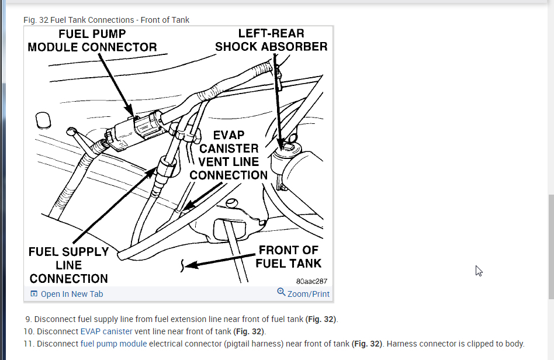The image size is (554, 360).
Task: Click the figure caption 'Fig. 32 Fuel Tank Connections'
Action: click(x=106, y=20)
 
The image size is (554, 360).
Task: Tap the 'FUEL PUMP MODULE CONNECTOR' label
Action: click(x=92, y=41)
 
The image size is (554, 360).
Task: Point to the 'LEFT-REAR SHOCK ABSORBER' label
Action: click(x=271, y=40)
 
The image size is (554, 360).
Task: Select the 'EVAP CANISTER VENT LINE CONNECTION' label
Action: click(x=228, y=155)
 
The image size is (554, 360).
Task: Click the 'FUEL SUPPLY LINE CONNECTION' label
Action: click(x=69, y=265)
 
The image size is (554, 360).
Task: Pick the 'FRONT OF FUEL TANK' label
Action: click(x=289, y=257)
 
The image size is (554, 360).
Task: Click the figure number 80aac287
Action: click(x=311, y=281)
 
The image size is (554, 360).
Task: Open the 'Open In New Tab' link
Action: click(x=71, y=294)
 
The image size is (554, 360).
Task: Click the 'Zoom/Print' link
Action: click(x=308, y=294)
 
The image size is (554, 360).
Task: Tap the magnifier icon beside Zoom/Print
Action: click(x=281, y=293)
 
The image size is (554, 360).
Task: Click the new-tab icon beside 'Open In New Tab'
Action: click(x=34, y=294)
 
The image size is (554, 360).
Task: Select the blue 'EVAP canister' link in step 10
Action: click(x=106, y=331)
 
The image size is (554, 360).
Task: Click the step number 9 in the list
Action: click(x=28, y=319)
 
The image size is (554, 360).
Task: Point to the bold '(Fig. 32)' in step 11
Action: click(x=368, y=344)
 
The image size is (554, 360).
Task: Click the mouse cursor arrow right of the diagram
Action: click(x=479, y=271)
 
